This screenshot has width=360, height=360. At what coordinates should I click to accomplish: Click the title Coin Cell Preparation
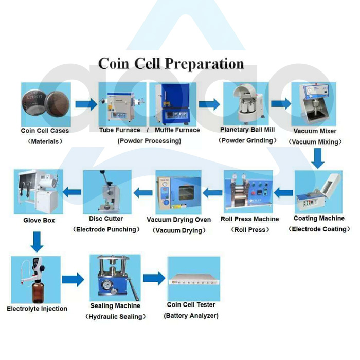(x=171, y=64)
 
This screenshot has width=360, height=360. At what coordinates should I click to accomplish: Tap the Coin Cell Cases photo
(x=45, y=104)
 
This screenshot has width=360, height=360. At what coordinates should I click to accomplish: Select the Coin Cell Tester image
(x=193, y=279)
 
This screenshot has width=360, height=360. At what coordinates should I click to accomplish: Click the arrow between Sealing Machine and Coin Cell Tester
(x=154, y=279)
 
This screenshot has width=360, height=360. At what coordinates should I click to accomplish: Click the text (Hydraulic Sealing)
(x=115, y=317)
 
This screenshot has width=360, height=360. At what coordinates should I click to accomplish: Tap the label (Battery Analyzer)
(x=191, y=316)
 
